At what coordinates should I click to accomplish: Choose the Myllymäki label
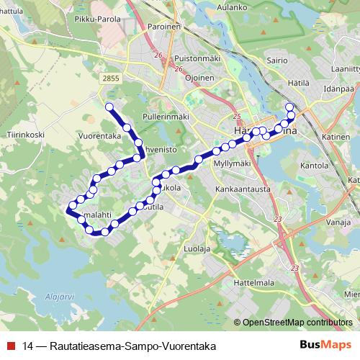232,163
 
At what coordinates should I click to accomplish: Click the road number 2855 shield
112,78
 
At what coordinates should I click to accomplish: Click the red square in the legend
11,346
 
